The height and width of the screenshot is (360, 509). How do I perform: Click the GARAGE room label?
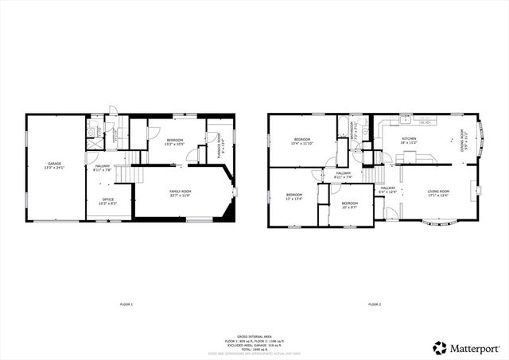[x=55, y=165]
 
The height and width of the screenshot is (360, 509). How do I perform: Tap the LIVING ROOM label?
[x=438, y=192]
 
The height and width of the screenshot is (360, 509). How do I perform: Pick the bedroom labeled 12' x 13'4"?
[x=294, y=196]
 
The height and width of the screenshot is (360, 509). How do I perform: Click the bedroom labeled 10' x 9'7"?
[x=350, y=204]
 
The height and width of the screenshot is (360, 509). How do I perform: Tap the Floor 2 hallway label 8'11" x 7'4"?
[x=344, y=175]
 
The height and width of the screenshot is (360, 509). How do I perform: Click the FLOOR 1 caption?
[x=126, y=304]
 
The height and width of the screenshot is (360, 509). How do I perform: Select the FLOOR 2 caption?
[x=375, y=304]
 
